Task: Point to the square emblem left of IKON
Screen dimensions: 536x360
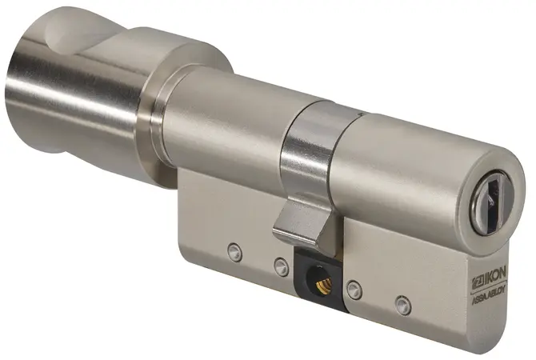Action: pos(477,278)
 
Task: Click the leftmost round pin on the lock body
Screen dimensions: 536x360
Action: pos(235,252)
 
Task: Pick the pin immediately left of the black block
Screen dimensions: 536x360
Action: pos(282,267)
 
